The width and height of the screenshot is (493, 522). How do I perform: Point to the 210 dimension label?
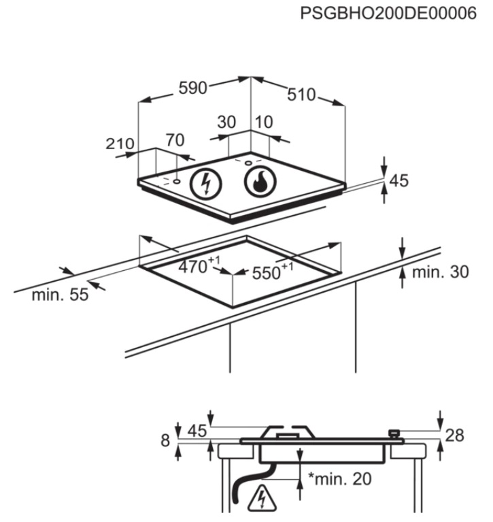120,145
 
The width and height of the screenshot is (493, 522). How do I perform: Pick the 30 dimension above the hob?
226,123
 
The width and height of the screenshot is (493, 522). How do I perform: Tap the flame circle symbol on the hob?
259,182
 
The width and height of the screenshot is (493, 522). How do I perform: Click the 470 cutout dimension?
193,267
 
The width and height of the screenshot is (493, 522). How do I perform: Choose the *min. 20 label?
339,479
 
